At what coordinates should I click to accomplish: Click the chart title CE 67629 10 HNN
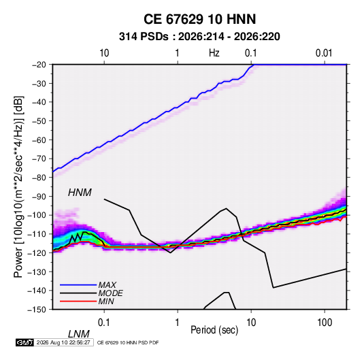point(199,19)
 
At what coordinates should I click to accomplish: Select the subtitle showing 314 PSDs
point(199,37)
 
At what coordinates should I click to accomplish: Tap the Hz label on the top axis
point(214,53)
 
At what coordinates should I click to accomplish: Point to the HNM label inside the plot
point(80,193)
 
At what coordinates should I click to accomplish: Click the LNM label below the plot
point(78,334)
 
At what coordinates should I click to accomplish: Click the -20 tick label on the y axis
point(39,65)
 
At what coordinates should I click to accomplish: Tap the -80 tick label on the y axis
point(39,178)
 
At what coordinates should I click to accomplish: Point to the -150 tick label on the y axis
point(37,310)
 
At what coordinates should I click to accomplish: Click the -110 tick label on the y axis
point(37,234)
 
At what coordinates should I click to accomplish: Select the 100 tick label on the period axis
point(325,323)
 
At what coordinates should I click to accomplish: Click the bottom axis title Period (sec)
point(214,330)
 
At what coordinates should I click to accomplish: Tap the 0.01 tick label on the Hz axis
point(324,53)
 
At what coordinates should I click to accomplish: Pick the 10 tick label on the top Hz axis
point(104,53)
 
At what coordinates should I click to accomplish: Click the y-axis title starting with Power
point(18,187)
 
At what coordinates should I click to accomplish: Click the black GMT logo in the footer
point(24,342)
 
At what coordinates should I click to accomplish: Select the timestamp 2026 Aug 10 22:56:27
point(63,342)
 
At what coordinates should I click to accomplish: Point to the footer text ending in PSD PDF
point(128,342)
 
